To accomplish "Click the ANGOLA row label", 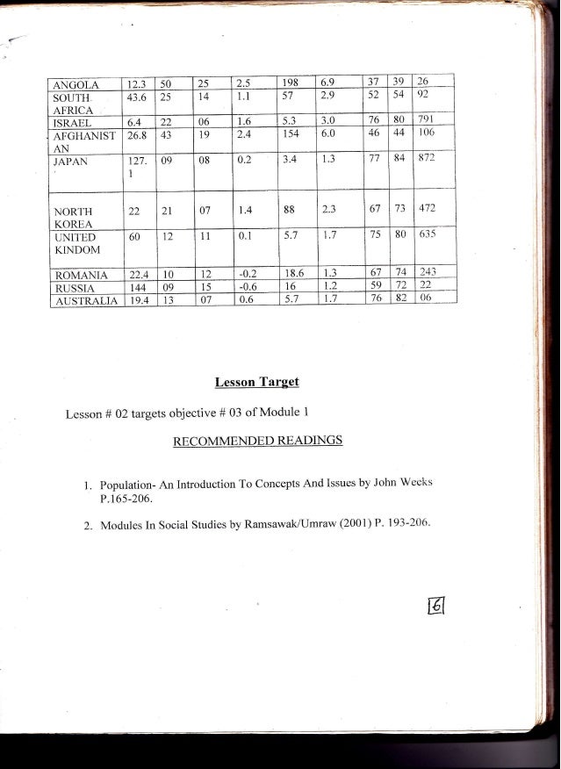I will (75, 85).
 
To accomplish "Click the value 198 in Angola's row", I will (293, 83).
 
